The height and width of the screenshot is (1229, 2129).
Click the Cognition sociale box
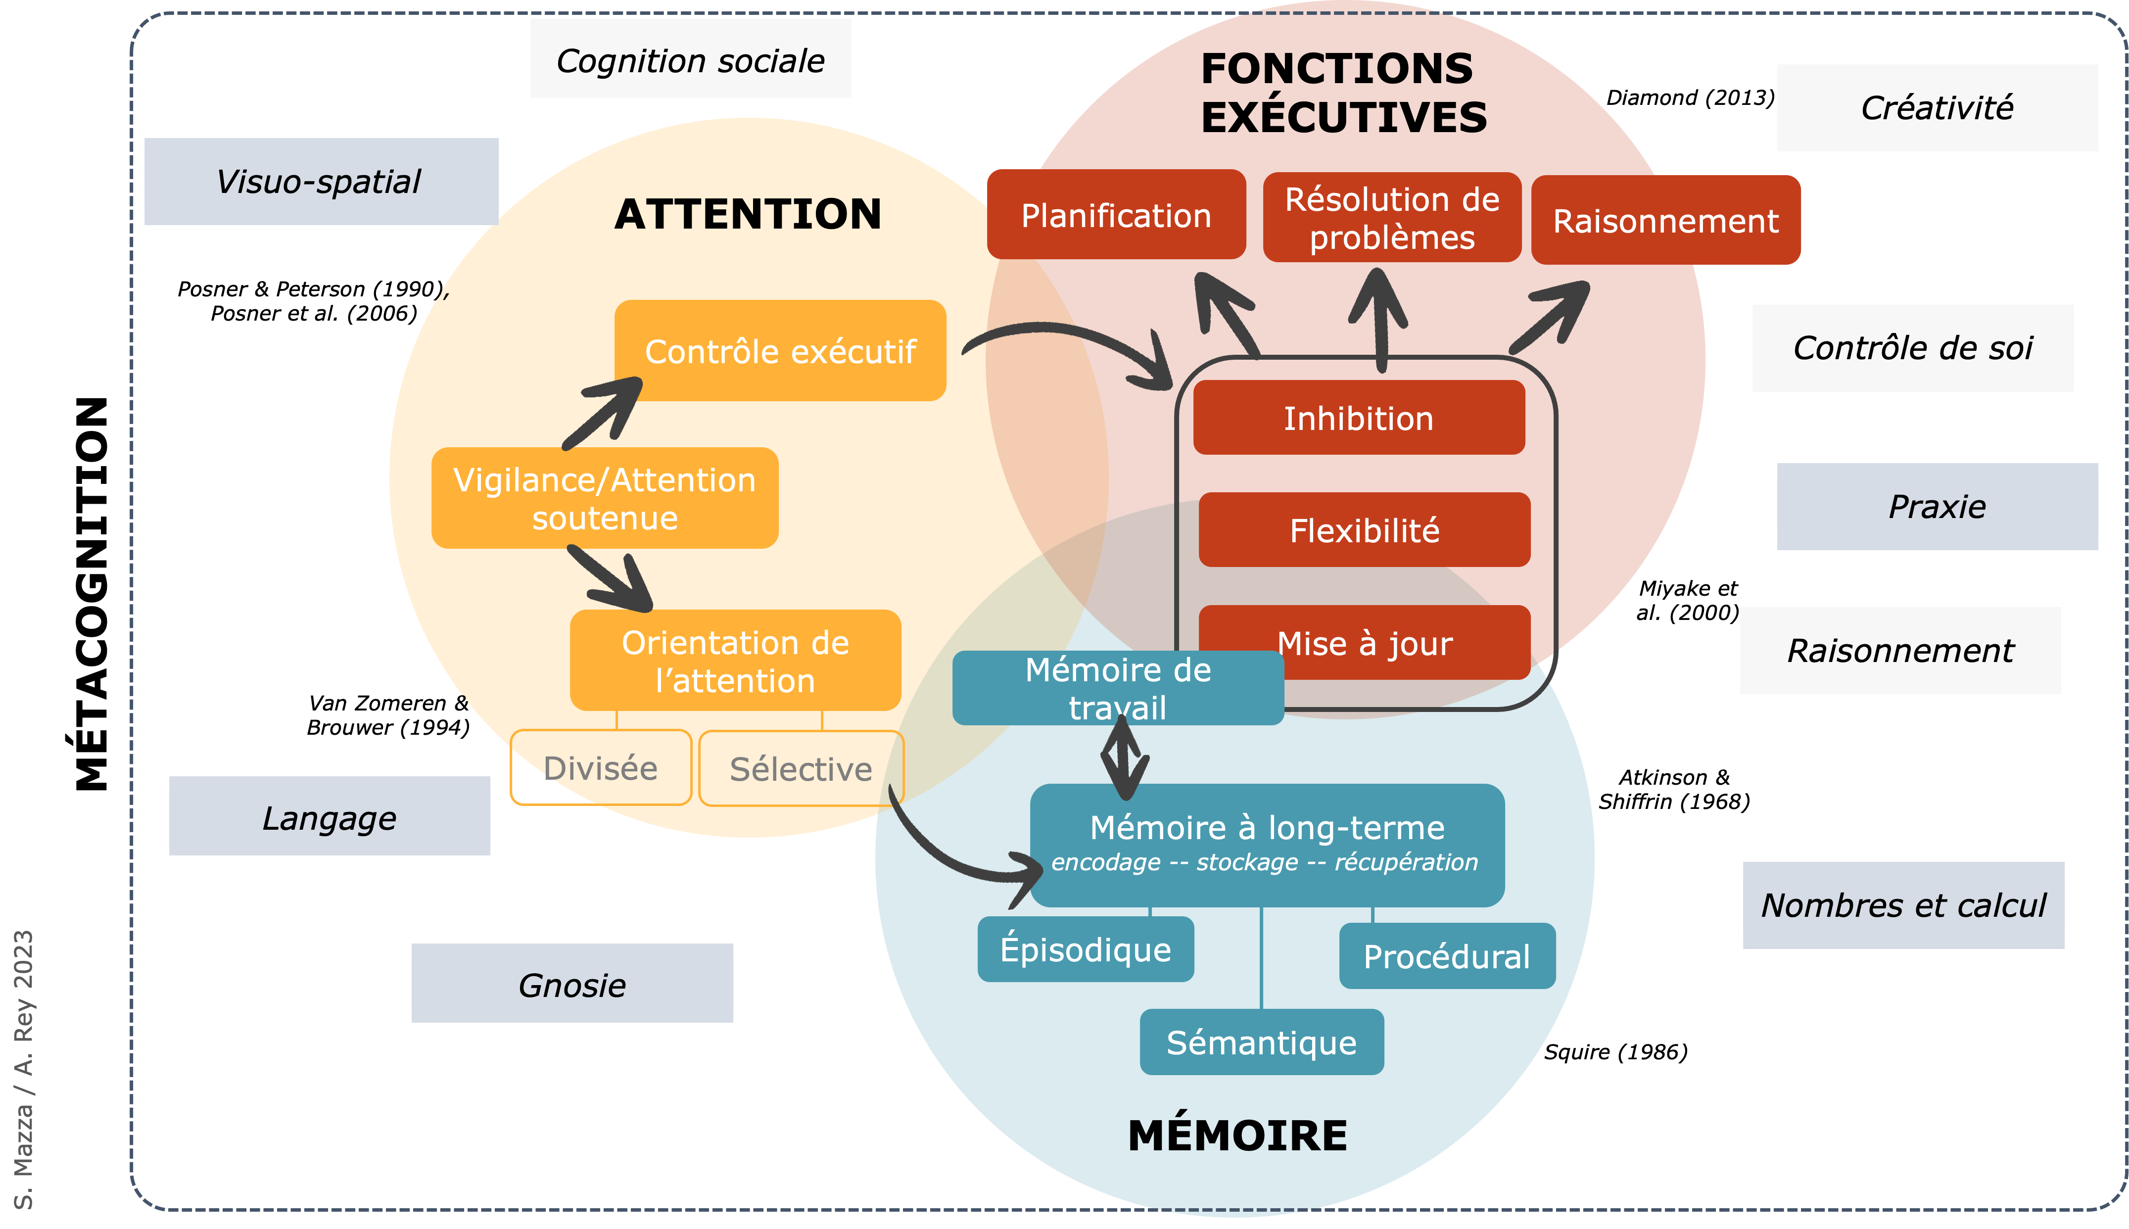[x=690, y=59]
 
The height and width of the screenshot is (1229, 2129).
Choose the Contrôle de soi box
[x=1912, y=348]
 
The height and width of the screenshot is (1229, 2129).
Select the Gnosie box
[x=572, y=984]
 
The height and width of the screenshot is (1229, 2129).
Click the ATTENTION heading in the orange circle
[x=748, y=214]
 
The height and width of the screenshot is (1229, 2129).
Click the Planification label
[x=1116, y=216]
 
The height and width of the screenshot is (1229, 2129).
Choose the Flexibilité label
[x=1365, y=531]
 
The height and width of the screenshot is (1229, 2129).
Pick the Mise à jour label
[x=1365, y=644]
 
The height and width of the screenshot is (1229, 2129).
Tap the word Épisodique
[x=1085, y=949]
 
